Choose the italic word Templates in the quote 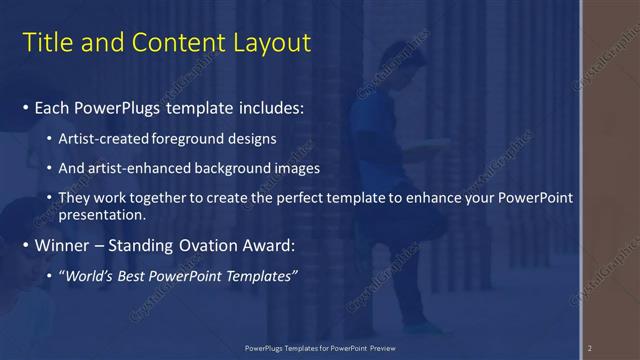255,275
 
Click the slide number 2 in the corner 590,348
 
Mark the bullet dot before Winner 26,245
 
